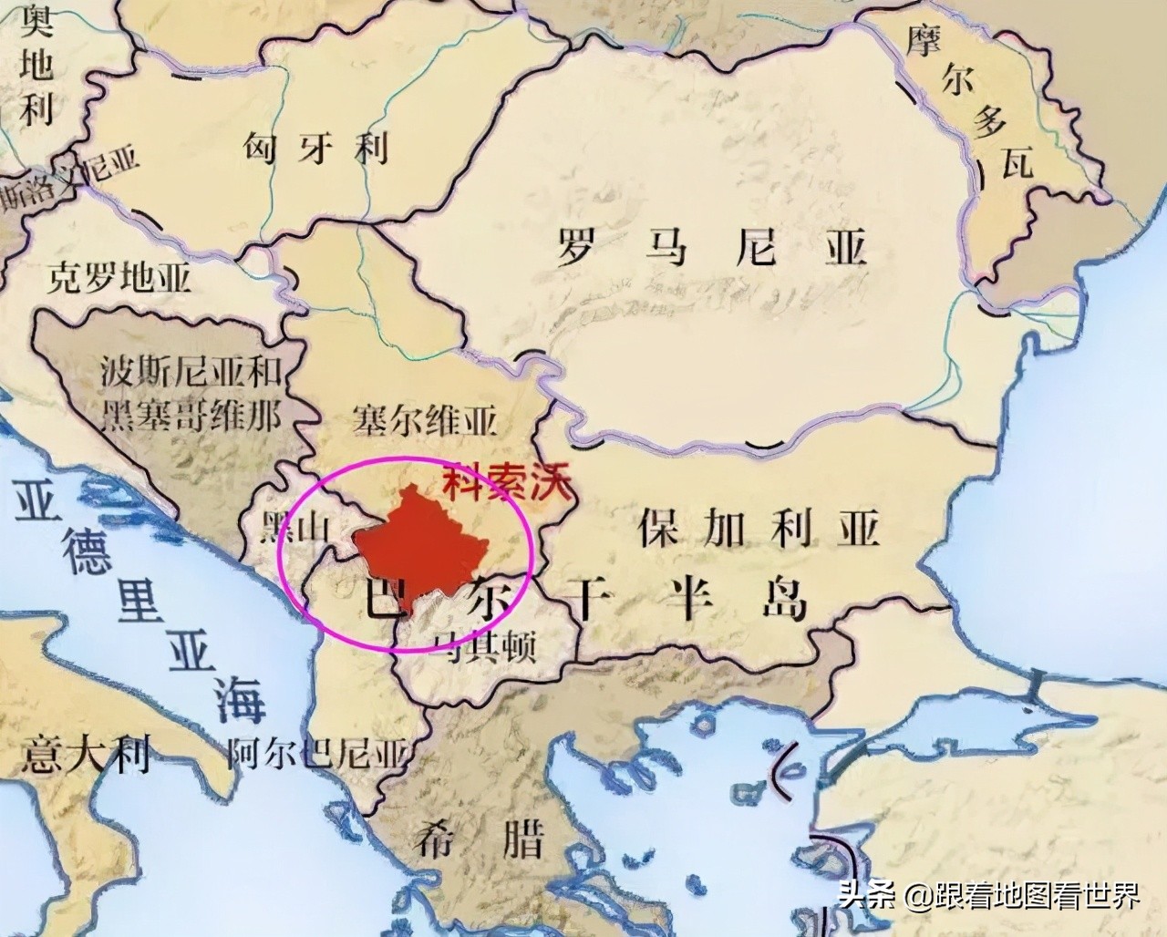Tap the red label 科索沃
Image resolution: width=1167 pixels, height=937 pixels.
(x=505, y=482)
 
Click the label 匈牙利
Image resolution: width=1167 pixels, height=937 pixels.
(x=315, y=147)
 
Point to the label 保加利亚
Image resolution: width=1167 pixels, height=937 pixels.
(x=757, y=527)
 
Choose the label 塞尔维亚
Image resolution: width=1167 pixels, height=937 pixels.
(x=424, y=422)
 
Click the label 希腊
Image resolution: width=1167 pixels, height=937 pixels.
(x=478, y=838)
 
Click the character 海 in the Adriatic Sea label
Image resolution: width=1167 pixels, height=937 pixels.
(x=240, y=700)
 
